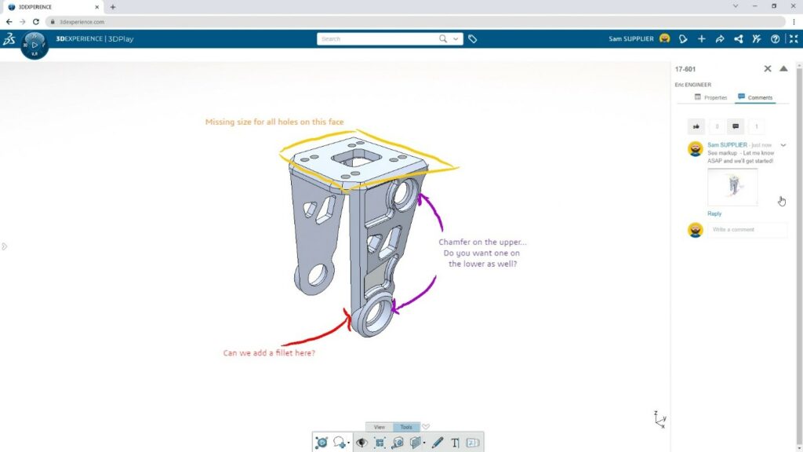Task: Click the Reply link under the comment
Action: (x=714, y=213)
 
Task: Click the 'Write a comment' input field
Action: (x=747, y=230)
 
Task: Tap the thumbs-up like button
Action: (x=696, y=126)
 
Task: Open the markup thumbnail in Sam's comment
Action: (x=732, y=187)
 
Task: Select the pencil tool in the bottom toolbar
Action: (x=438, y=443)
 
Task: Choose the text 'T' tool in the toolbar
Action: (x=456, y=443)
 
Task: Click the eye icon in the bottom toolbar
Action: (x=362, y=443)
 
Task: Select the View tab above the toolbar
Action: (x=379, y=427)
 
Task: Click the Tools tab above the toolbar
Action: (x=406, y=427)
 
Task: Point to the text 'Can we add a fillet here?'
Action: (x=269, y=353)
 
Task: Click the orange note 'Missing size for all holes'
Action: (x=274, y=122)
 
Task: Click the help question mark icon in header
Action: (x=776, y=38)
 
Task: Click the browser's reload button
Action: (x=35, y=22)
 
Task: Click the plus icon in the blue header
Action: (x=701, y=38)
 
